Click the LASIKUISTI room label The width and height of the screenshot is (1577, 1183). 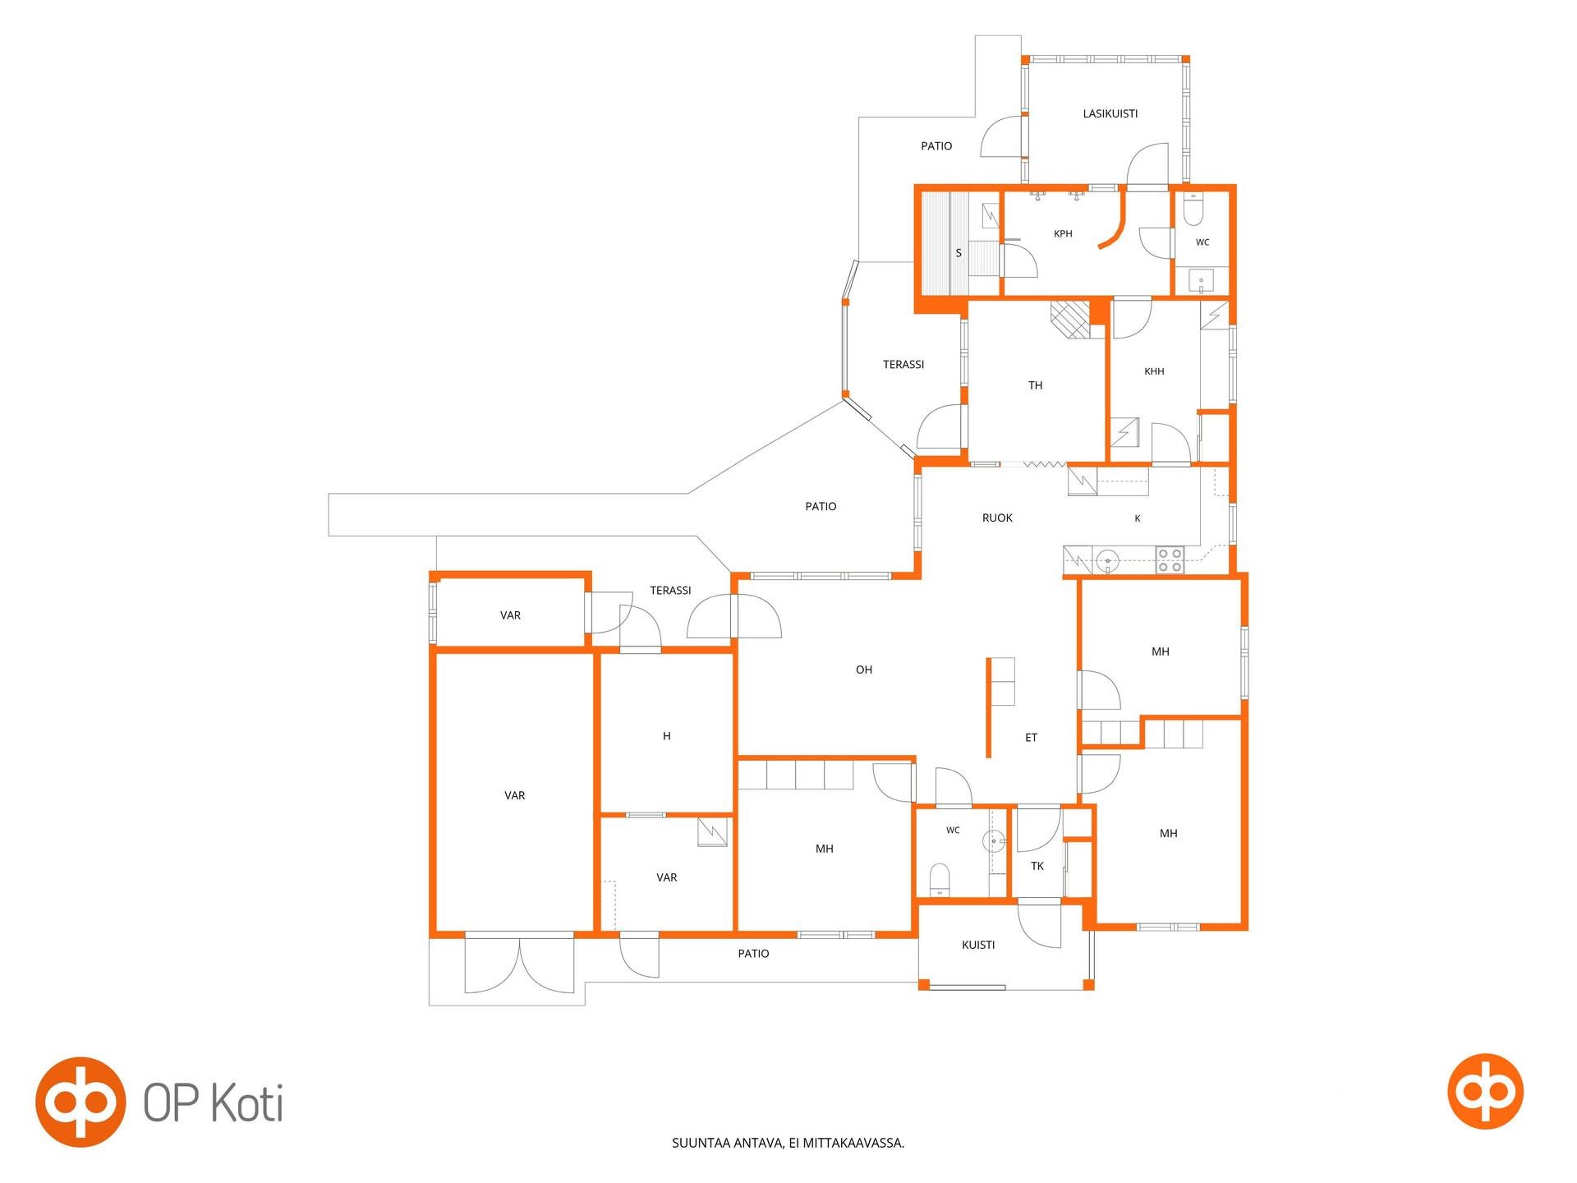1110,114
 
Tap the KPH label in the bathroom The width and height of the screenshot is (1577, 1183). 1063,234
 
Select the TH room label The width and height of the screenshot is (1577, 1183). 1035,385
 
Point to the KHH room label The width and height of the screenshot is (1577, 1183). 1154,371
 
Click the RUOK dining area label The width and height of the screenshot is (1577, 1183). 997,518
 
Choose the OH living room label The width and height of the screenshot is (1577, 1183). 864,670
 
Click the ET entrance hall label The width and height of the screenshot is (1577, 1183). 1031,738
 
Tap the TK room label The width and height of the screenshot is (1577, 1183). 1037,866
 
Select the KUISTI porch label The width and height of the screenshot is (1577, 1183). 978,945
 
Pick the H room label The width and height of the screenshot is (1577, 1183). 667,736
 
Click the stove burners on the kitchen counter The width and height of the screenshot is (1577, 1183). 1170,559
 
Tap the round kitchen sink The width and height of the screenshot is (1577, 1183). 1108,561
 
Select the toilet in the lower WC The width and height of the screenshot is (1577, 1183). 939,880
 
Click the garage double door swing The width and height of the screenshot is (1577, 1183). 519,965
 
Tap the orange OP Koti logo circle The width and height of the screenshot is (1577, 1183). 80,1102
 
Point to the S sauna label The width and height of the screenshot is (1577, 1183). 959,253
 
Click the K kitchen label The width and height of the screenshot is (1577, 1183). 1138,518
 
